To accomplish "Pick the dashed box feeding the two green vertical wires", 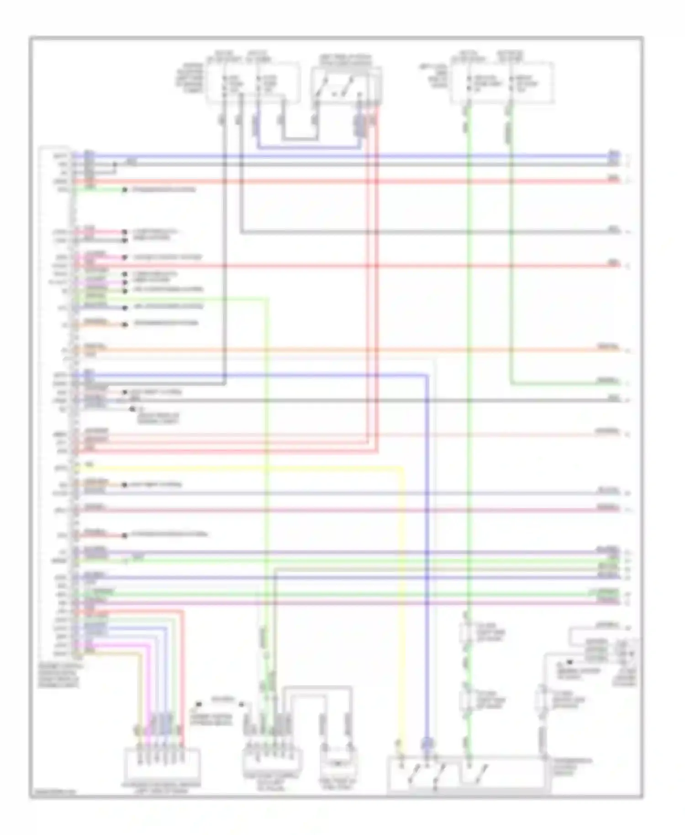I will click(502, 83).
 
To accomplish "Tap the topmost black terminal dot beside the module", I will click(124, 190).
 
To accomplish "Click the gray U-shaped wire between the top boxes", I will click(300, 138).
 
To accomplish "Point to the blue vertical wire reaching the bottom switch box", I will click(427, 594).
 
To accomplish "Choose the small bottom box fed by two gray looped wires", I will click(338, 764).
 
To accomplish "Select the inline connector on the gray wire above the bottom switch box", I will click(543, 699).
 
